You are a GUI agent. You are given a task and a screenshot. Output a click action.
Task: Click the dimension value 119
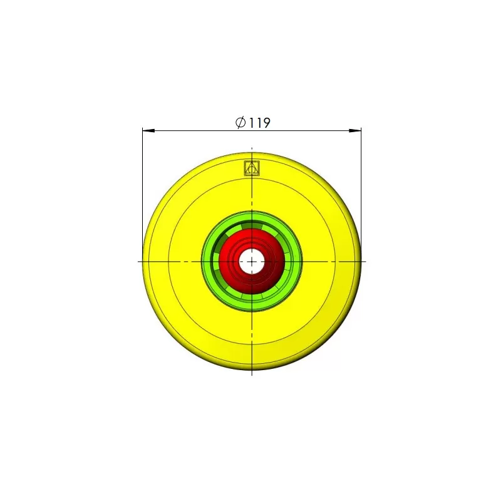[x=259, y=123]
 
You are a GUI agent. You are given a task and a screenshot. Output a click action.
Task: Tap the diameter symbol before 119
[x=240, y=122]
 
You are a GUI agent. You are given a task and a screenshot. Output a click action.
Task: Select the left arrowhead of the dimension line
[x=148, y=130]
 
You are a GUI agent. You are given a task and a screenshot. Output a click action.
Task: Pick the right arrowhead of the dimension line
[x=355, y=131]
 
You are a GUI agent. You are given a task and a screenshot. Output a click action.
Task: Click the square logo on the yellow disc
[x=252, y=168]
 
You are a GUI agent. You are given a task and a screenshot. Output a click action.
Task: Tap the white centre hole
[x=252, y=261]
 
